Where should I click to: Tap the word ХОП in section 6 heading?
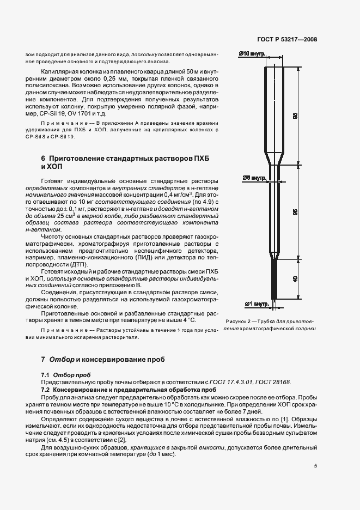54,167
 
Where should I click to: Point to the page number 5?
315,466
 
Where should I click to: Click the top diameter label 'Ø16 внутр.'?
252,53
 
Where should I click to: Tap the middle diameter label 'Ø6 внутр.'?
253,178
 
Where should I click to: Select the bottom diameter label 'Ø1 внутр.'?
257,303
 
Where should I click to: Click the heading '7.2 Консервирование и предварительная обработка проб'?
125,390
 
